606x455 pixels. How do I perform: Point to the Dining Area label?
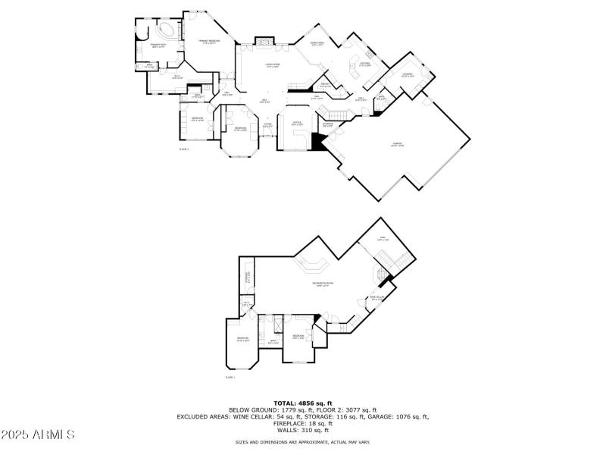click(318, 44)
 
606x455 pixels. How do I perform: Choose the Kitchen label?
click(364, 64)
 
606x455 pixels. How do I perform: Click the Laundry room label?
click(407, 75)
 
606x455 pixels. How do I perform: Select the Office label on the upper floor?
click(298, 124)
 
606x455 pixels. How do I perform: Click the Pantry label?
click(324, 84)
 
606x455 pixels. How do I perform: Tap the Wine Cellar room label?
click(376, 298)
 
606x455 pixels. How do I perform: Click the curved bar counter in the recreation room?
click(311, 265)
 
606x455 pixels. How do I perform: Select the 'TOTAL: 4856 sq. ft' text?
click(302, 403)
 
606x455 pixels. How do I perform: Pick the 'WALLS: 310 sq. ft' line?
click(302, 429)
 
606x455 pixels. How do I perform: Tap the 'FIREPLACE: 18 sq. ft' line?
click(302, 423)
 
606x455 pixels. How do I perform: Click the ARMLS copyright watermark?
click(38, 435)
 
